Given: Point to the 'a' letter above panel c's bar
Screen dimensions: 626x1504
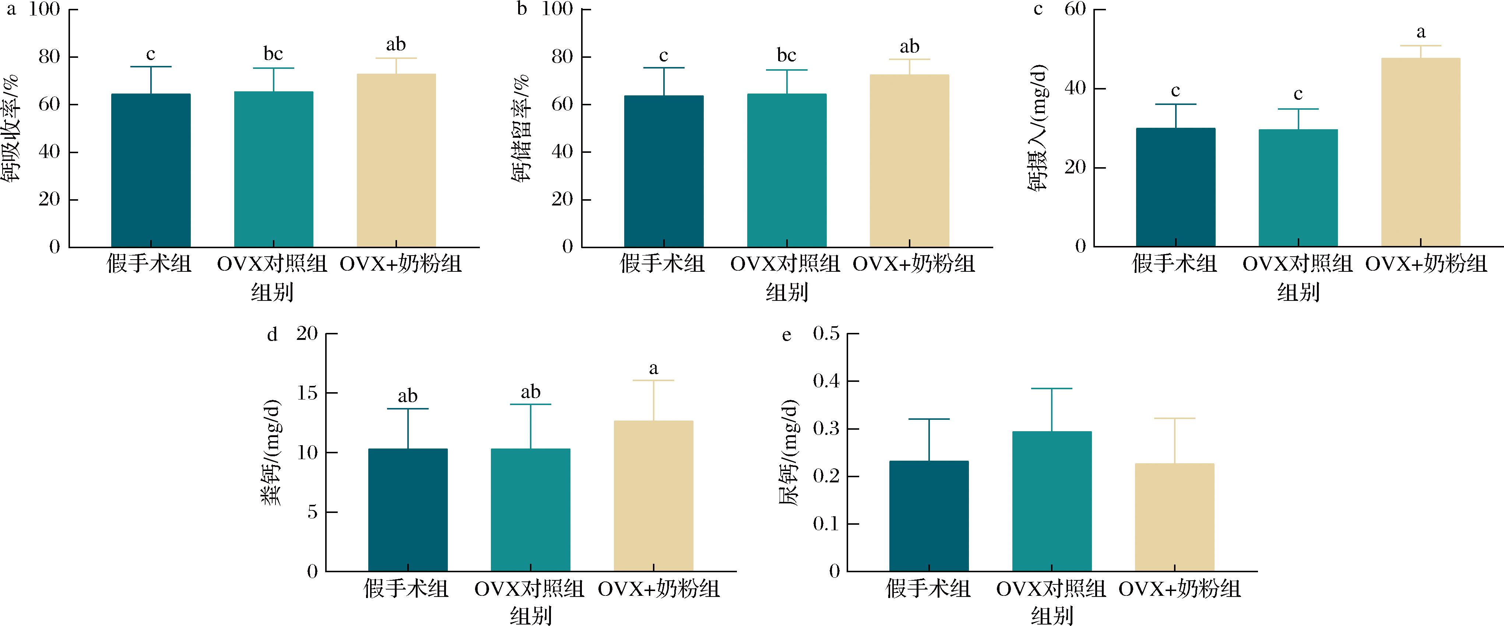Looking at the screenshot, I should (1421, 32).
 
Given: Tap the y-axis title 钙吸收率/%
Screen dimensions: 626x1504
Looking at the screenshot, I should (13, 129).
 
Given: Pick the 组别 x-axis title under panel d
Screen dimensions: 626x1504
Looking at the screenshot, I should (531, 615).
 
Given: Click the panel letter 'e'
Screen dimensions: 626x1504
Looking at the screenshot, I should (787, 335).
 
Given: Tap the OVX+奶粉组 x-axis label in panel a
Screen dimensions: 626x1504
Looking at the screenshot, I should (401, 264).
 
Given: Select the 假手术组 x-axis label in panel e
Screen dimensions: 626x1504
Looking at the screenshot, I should (928, 589).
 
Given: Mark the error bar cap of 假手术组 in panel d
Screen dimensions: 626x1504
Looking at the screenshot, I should (408, 409).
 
